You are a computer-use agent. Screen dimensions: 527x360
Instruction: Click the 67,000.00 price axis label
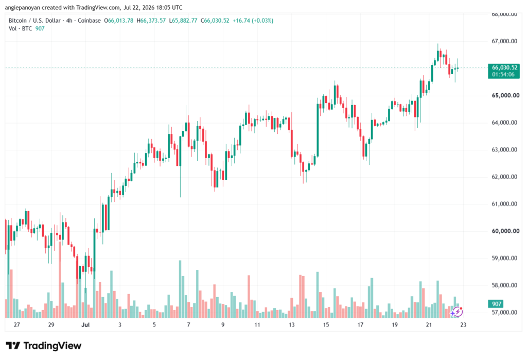(504, 41)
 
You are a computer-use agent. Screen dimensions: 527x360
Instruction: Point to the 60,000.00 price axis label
(505, 231)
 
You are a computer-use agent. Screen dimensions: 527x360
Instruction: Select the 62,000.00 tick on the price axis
(504, 177)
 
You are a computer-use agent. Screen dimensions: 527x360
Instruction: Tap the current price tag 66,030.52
(504, 67)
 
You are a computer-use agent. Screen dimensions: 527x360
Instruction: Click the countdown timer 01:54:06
(503, 74)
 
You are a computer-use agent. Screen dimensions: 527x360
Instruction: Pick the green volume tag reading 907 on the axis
(497, 304)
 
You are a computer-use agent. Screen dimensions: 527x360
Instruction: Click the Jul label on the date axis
(85, 324)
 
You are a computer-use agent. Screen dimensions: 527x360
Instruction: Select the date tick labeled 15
(326, 324)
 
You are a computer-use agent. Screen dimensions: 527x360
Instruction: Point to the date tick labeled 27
(17, 324)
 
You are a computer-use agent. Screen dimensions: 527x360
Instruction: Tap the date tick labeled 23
(463, 324)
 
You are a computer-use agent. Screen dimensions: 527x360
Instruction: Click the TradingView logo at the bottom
(44, 346)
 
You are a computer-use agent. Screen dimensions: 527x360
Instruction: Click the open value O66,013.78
(119, 21)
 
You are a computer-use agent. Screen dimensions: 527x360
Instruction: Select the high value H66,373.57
(151, 21)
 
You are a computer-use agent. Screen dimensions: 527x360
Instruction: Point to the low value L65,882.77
(183, 21)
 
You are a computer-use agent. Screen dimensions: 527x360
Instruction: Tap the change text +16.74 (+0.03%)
(253, 21)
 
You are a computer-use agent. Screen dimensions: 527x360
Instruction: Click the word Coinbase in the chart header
(89, 21)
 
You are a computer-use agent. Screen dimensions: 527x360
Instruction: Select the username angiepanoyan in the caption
(22, 7)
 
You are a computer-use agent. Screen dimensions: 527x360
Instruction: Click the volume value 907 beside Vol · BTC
(40, 29)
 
